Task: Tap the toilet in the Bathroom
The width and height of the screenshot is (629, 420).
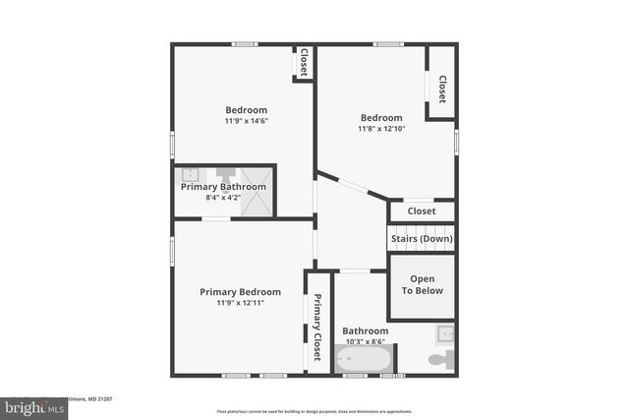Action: pyautogui.click(x=441, y=359)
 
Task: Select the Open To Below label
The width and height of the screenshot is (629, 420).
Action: pyautogui.click(x=422, y=284)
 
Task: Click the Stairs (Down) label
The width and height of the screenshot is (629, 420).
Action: pyautogui.click(x=422, y=239)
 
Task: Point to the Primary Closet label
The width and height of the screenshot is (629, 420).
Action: pyautogui.click(x=317, y=329)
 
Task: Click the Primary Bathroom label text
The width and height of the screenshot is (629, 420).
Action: pyautogui.click(x=224, y=187)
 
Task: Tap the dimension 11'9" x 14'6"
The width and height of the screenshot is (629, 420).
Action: pyautogui.click(x=246, y=121)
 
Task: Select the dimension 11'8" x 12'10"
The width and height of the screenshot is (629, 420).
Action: pyautogui.click(x=380, y=129)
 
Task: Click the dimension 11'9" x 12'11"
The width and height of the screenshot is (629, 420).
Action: pyautogui.click(x=241, y=303)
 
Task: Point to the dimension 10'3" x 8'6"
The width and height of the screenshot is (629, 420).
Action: pyautogui.click(x=365, y=342)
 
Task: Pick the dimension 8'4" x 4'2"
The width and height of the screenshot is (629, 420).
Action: pyautogui.click(x=223, y=198)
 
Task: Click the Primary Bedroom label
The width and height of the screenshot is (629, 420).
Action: pyautogui.click(x=241, y=291)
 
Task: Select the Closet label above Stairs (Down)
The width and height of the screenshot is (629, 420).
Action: pyautogui.click(x=422, y=210)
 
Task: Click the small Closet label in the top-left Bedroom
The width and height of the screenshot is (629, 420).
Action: pyautogui.click(x=304, y=61)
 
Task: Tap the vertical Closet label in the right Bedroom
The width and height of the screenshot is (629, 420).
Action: pyautogui.click(x=442, y=90)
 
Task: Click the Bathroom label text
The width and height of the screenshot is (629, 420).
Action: pyautogui.click(x=365, y=331)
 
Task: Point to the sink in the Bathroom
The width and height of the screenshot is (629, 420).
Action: pyautogui.click(x=445, y=331)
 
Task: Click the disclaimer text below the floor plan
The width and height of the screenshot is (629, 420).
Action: pyautogui.click(x=314, y=410)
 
